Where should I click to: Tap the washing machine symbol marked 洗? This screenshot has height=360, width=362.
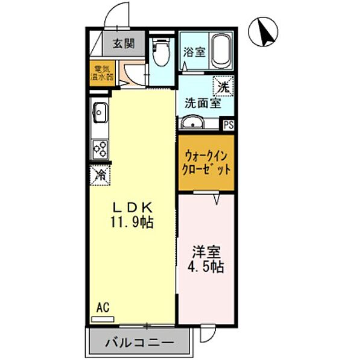pyautogui.click(x=223, y=87)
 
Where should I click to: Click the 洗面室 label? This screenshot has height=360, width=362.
pyautogui.click(x=202, y=103)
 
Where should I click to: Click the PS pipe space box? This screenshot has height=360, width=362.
pyautogui.click(x=228, y=125)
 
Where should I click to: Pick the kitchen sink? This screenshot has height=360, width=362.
pyautogui.click(x=100, y=112)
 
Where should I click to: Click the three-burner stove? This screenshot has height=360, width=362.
pyautogui.click(x=100, y=148)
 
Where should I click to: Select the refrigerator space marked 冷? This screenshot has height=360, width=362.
pyautogui.click(x=100, y=175)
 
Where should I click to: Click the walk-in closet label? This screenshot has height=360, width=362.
pyautogui.click(x=205, y=162)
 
